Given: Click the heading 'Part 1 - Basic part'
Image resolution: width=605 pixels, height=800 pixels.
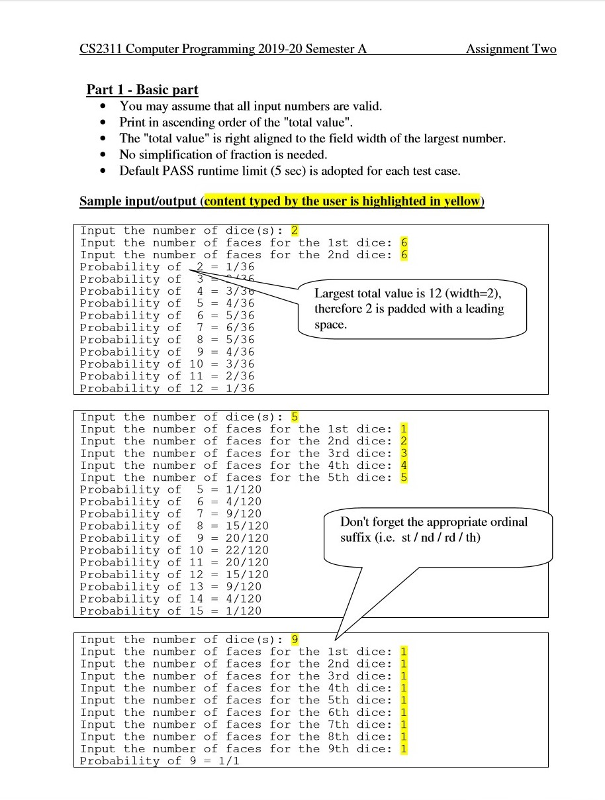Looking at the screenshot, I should point(142,89).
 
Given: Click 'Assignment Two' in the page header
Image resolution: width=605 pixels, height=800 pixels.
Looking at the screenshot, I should point(511,49).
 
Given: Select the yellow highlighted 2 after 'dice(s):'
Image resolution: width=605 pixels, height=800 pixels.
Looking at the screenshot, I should point(295,230).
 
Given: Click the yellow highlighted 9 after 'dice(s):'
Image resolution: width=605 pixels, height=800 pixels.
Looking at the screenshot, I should point(295,640).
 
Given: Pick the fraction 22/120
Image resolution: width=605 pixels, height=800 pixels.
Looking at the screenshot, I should point(247,550).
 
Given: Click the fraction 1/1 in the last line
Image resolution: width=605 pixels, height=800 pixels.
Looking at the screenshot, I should point(228,761).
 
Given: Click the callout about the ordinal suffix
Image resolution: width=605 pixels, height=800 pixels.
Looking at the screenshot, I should point(434,529).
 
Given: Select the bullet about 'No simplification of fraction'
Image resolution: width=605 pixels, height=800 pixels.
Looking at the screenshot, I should point(223,154).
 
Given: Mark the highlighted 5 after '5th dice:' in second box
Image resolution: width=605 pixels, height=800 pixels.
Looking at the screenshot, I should point(404,477).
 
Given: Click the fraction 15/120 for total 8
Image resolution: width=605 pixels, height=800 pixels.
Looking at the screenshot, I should point(247,526).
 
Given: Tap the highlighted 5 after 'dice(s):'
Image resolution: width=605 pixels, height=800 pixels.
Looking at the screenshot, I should point(295,417).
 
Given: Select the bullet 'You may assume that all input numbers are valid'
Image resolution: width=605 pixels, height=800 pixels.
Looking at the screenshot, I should point(251,106).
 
